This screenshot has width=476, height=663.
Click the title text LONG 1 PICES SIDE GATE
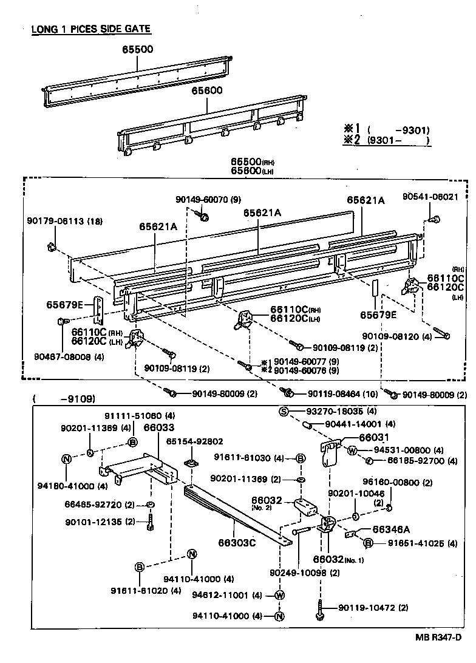91,29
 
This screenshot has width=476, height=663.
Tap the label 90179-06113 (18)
64,221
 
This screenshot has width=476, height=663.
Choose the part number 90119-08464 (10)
332,393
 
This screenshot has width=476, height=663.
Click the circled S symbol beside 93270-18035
283,411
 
